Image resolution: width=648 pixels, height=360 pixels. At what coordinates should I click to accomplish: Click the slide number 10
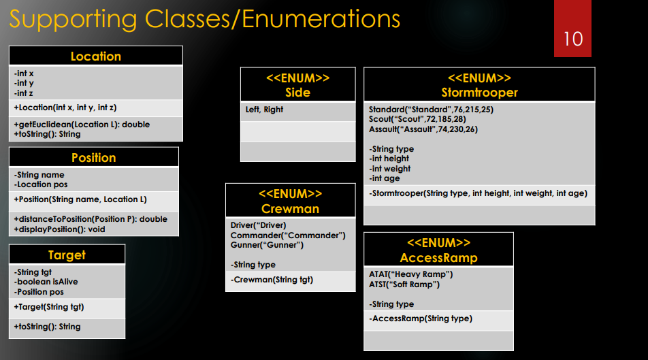click(x=573, y=39)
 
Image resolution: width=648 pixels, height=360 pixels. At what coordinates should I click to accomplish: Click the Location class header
click(x=96, y=56)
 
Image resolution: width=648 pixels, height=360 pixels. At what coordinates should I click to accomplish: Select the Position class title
click(x=94, y=157)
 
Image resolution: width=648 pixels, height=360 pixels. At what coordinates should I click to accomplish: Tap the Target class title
click(x=67, y=255)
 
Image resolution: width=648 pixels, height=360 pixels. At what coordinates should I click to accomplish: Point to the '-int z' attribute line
click(x=24, y=93)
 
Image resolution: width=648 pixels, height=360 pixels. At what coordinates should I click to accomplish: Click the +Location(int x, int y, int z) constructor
click(x=65, y=108)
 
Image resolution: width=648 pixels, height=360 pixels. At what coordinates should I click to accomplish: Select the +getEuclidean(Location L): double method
click(x=82, y=125)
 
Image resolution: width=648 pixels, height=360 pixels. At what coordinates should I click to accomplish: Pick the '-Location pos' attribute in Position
click(x=41, y=184)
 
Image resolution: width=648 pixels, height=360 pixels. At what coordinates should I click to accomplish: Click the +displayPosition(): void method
click(x=59, y=229)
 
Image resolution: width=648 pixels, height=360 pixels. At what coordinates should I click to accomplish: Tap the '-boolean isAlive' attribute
click(x=46, y=282)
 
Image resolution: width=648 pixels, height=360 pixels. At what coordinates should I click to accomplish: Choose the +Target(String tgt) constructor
click(x=49, y=307)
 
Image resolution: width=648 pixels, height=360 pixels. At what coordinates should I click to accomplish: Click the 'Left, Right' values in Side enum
click(x=265, y=110)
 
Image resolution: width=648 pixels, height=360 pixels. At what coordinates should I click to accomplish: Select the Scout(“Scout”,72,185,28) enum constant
click(x=417, y=120)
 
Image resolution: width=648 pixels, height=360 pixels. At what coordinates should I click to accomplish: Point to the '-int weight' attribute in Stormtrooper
click(x=390, y=169)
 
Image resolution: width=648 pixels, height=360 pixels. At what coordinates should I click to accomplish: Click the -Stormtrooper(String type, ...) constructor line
click(x=478, y=193)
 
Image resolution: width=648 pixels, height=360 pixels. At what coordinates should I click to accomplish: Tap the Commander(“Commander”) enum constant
click(x=288, y=235)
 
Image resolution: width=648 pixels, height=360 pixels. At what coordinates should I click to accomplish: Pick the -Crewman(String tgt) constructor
click(x=272, y=280)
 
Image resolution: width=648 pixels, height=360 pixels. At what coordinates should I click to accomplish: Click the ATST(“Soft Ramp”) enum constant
click(x=404, y=284)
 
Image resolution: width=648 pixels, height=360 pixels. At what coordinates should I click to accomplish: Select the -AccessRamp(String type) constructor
click(x=420, y=318)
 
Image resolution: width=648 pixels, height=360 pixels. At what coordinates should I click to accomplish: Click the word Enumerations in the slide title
click(x=321, y=19)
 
